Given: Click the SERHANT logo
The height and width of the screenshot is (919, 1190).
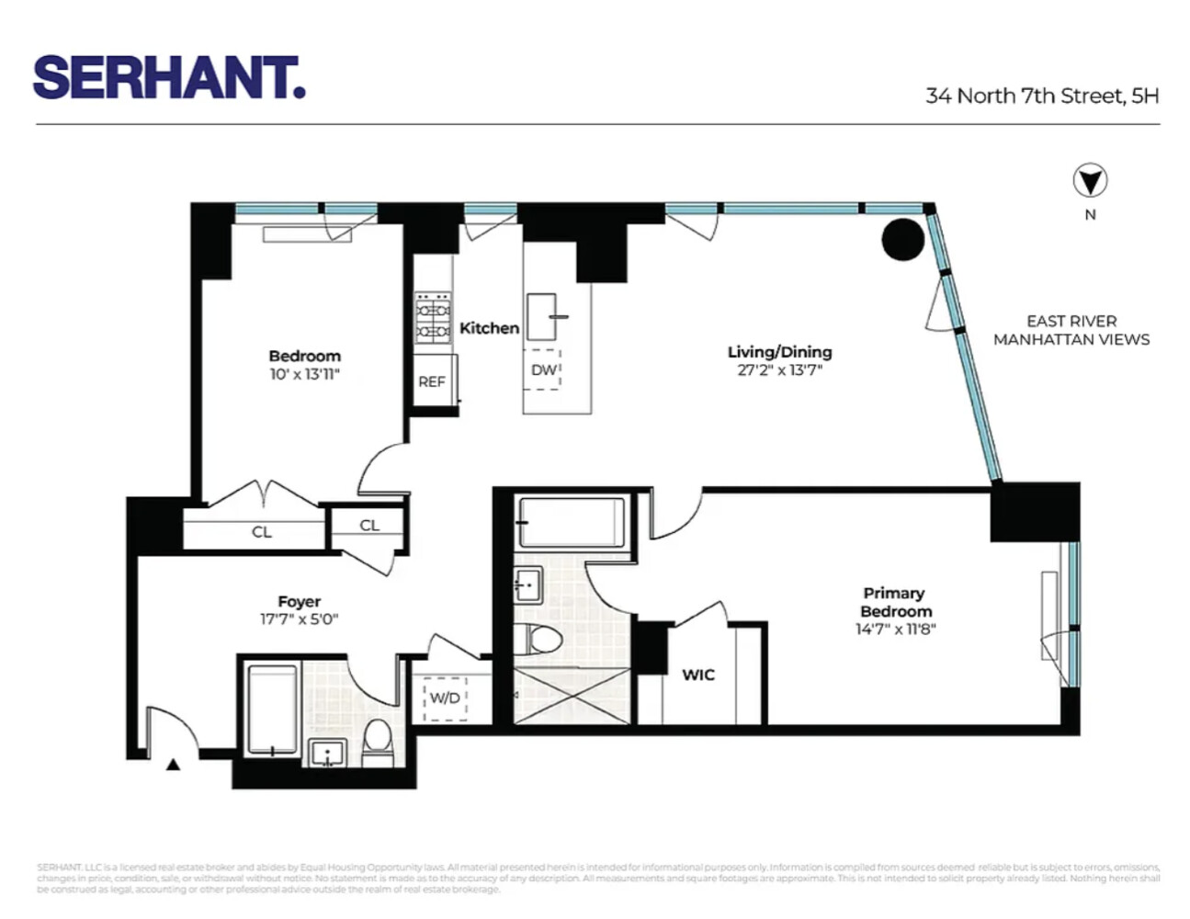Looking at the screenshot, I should click(x=168, y=77).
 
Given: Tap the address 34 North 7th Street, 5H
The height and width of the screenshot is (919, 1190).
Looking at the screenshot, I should click(x=1041, y=96).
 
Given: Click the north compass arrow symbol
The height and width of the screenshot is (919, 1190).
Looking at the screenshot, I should click(x=1090, y=181).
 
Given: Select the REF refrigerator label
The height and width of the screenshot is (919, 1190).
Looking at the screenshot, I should click(x=432, y=381).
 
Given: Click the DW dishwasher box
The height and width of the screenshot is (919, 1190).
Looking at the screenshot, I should click(x=543, y=369).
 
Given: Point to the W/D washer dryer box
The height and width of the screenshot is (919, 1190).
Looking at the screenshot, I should click(x=445, y=698).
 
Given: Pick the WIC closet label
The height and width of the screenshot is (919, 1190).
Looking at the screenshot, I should click(x=698, y=675).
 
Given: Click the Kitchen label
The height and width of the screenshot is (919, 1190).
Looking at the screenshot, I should click(x=489, y=328).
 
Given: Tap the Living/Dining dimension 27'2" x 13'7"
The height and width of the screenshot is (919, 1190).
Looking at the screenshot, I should click(x=779, y=370).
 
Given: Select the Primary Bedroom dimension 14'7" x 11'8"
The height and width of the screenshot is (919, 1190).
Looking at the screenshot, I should click(x=895, y=630).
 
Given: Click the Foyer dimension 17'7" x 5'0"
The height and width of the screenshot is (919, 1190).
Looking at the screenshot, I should click(x=299, y=619).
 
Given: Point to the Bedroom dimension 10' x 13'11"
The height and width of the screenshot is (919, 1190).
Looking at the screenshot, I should click(x=304, y=374).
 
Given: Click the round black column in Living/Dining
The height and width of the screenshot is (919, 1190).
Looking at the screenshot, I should click(x=902, y=239).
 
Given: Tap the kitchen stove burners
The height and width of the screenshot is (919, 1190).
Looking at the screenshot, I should click(x=433, y=318).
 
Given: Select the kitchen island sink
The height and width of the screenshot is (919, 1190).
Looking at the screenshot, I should click(x=542, y=315).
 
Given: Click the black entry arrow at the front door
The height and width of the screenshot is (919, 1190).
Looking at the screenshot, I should click(x=173, y=762).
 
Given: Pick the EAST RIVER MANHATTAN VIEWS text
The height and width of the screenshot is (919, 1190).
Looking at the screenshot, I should click(x=1071, y=330).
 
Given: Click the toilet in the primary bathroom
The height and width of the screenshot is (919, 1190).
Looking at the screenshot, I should click(x=536, y=639).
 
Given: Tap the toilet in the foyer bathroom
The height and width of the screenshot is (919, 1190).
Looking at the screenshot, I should click(x=377, y=742).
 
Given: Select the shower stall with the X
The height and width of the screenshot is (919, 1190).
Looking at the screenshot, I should click(x=572, y=696).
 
